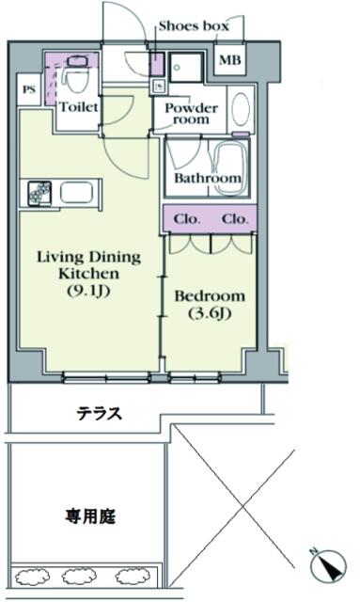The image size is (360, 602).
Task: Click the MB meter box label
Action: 230,60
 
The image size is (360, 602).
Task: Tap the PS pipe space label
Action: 29,90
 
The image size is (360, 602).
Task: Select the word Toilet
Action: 79,106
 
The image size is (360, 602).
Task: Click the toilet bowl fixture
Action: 75,80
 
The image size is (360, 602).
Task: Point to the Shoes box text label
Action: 194,25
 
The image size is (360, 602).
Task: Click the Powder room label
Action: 191,113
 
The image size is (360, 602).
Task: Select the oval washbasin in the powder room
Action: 241,108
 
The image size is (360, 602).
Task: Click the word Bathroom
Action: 208,178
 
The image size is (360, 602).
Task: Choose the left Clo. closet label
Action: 187,219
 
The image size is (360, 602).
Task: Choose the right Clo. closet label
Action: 235,219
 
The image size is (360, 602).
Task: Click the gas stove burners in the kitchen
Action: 39,193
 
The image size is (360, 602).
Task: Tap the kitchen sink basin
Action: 77,192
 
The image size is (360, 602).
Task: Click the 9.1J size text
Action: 88,292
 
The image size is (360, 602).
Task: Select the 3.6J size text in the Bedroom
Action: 210,313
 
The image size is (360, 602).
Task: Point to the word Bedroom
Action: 210,296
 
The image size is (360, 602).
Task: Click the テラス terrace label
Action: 100,414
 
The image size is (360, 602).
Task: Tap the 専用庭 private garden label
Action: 90,516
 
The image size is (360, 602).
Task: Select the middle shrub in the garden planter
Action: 80,576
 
